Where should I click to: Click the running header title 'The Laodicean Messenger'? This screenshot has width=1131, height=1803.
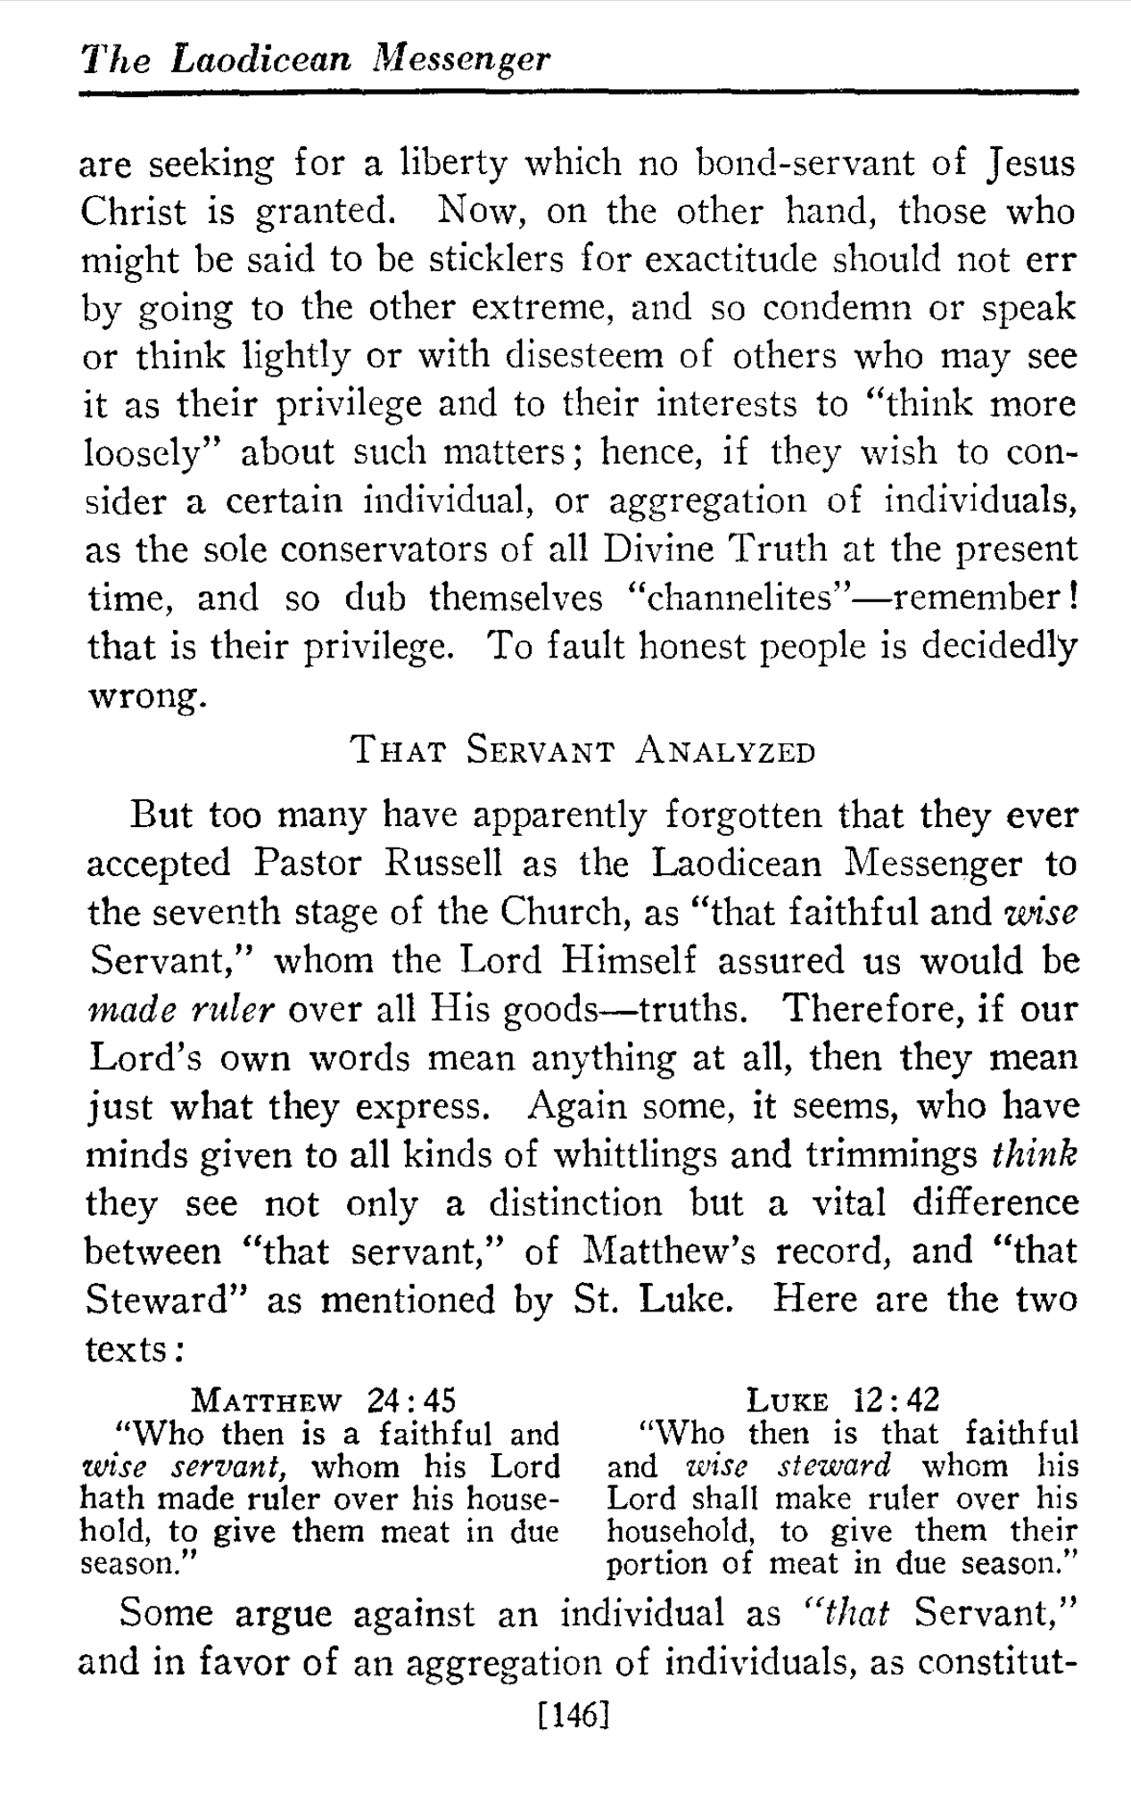[x=316, y=59]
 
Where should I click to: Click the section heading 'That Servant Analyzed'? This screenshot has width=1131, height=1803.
[x=583, y=750]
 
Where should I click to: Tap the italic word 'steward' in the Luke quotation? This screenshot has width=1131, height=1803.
[x=834, y=1466]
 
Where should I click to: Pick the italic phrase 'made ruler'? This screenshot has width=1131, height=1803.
[x=181, y=1010]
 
